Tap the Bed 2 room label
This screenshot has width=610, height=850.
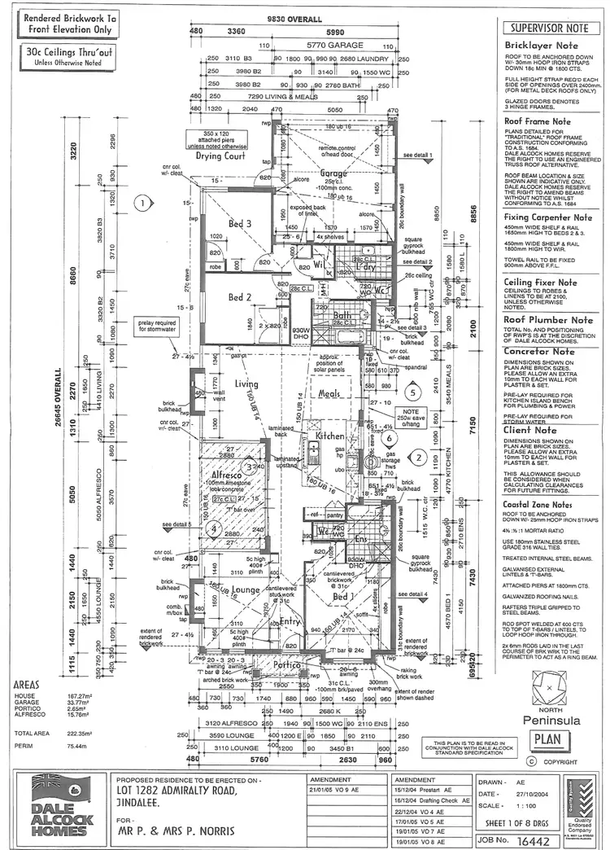point(240,297)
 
